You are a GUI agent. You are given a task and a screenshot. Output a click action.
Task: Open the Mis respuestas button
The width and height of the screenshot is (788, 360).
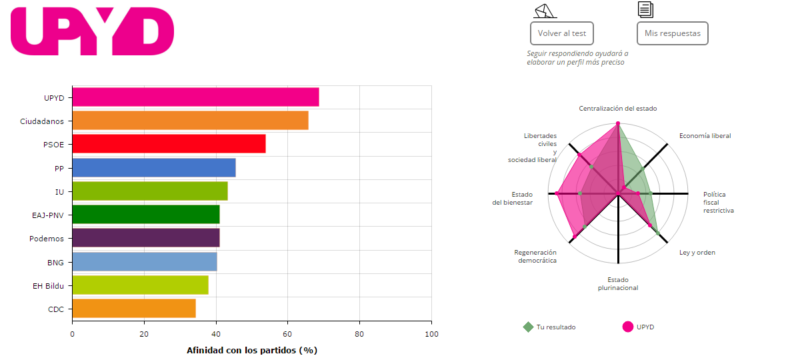672,33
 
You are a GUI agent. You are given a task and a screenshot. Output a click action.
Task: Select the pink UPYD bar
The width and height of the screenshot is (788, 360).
195,97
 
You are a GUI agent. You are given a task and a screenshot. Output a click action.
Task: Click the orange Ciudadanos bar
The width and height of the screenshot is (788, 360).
190,121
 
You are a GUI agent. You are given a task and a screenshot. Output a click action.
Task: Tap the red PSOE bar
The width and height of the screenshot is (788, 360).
169,144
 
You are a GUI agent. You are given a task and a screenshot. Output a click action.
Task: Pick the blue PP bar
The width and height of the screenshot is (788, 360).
153,167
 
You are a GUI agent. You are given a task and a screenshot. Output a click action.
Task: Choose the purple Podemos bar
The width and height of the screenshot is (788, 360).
145,238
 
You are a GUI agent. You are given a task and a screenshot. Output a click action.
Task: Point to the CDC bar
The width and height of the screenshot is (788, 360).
133,309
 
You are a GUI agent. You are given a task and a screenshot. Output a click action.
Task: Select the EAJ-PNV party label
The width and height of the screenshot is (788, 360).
48,215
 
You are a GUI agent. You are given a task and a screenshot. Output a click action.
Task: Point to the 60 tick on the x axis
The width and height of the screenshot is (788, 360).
287,334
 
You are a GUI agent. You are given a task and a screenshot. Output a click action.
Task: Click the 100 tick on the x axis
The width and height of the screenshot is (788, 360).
431,334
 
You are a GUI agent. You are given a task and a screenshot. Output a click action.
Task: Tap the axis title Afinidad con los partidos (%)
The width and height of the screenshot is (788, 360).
251,350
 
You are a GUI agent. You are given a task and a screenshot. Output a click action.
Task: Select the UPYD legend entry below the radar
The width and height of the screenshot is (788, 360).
644,327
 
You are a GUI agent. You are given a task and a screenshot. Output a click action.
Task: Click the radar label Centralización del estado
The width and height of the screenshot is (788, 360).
618,108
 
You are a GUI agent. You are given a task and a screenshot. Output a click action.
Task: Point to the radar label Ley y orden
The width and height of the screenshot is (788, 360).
697,253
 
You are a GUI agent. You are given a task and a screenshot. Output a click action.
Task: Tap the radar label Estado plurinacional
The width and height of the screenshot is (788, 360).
618,284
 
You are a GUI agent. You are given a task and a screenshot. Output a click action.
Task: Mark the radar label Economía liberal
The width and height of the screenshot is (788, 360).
705,136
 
